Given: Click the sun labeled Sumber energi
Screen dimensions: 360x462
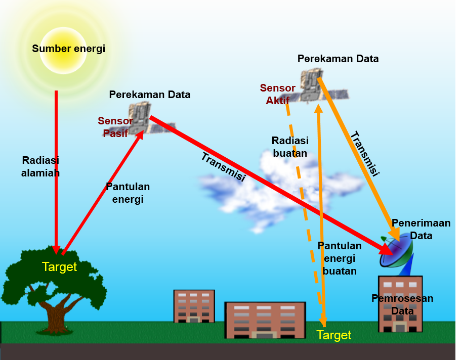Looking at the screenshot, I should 63,50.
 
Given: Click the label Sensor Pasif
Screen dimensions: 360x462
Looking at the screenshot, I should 115,127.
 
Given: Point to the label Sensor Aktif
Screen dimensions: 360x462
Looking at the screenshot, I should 277,94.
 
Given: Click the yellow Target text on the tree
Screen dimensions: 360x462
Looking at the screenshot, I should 59,267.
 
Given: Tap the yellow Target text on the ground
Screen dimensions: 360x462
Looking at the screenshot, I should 333,335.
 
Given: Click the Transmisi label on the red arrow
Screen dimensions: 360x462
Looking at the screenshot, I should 223,167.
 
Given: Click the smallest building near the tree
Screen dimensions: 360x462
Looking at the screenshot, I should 194,306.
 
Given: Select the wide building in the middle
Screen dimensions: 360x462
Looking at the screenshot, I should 265,320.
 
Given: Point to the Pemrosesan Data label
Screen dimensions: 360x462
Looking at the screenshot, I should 402,304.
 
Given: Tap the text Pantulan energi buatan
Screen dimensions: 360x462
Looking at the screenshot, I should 340,258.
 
